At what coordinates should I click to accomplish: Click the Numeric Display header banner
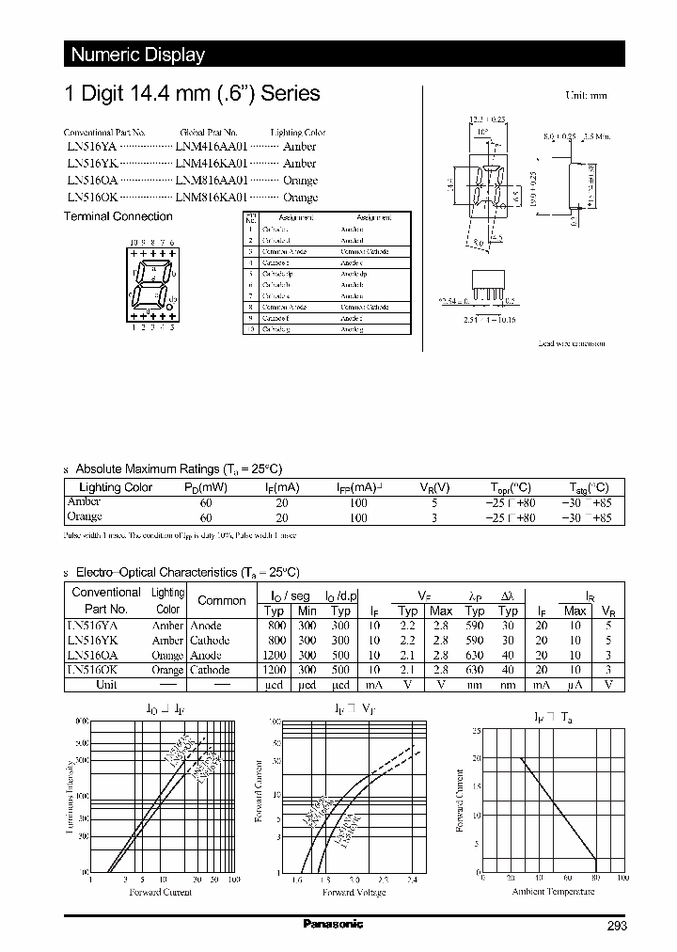coord(137,55)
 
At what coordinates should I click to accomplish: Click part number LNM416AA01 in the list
coord(211,147)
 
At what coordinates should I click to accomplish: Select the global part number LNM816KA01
coord(211,198)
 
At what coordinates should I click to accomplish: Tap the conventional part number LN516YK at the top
coord(91,164)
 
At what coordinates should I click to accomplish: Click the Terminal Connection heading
coord(118,216)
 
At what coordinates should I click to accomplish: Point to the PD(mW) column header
coord(206,487)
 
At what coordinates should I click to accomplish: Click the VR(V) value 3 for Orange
coord(433,516)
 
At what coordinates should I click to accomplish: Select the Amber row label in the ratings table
coord(84,502)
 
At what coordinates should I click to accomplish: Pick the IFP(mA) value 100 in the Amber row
coord(358,502)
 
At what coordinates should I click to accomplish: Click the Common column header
coord(221,601)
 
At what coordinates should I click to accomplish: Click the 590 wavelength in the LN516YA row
coord(475,626)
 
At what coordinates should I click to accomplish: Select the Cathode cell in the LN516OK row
coord(210,670)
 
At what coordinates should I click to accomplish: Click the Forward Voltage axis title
coord(354,892)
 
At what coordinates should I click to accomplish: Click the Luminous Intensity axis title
coord(71,800)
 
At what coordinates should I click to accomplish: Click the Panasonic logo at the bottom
coord(333,923)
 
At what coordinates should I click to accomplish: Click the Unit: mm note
coord(586,96)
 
